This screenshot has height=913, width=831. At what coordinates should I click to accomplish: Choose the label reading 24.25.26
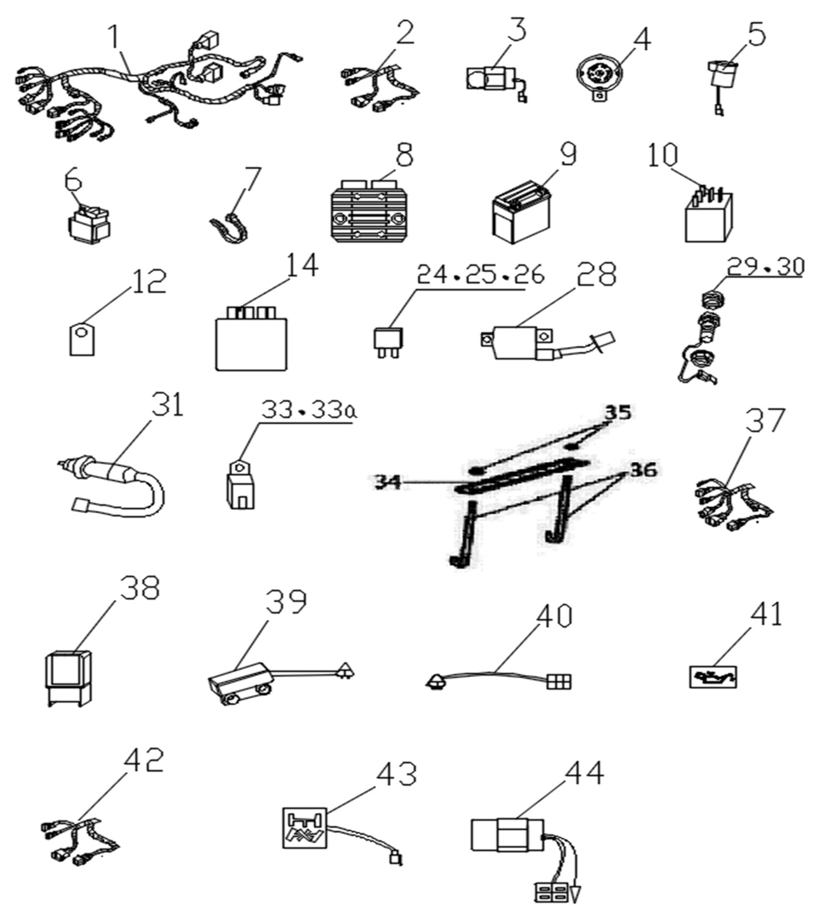coord(480,275)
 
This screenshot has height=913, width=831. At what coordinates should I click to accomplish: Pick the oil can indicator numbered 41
coord(713,677)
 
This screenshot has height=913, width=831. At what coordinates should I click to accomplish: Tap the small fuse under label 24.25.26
coord(386,340)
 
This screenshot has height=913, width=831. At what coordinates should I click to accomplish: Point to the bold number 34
coord(387,482)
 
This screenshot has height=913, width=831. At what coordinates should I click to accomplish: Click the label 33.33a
coord(309,411)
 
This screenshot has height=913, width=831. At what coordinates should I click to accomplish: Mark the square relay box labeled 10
coord(709,218)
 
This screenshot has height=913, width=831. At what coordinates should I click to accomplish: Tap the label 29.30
coord(766,267)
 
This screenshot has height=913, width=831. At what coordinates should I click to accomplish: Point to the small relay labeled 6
coord(89,224)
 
